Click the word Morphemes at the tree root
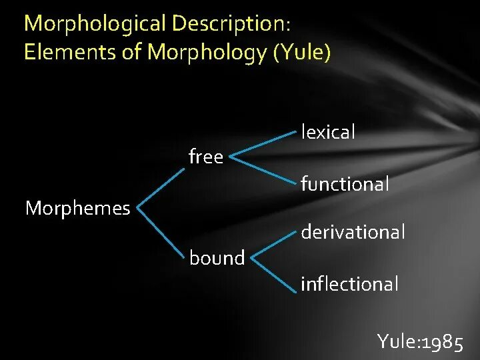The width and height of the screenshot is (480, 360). [77, 209]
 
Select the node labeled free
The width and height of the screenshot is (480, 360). [206, 158]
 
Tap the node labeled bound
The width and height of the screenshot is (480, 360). [217, 257]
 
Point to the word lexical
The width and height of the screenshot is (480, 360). [328, 132]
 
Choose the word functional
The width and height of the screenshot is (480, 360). [345, 183]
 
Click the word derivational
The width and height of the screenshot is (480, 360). [353, 232]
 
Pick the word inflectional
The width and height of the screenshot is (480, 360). [349, 284]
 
